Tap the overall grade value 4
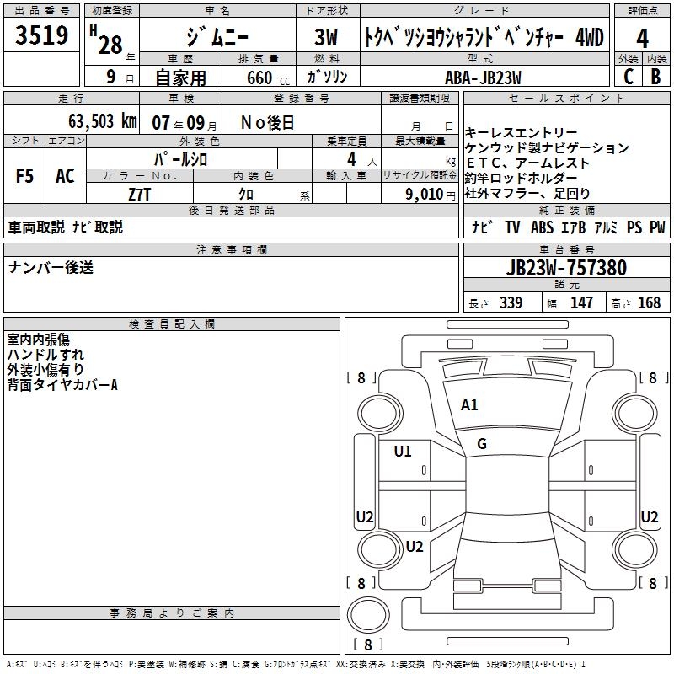click(x=642, y=38)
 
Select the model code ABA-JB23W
click(x=483, y=77)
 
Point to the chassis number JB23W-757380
click(x=566, y=268)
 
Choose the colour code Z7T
click(x=140, y=193)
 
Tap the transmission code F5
click(x=24, y=176)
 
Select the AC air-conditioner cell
click(x=65, y=176)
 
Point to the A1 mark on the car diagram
click(x=469, y=405)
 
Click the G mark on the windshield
click(x=482, y=444)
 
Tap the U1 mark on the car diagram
click(x=403, y=452)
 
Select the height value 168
click(x=650, y=303)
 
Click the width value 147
click(x=582, y=303)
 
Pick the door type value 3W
click(x=328, y=38)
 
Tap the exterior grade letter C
click(x=628, y=77)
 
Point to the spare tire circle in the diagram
click(x=368, y=616)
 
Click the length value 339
click(x=511, y=303)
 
